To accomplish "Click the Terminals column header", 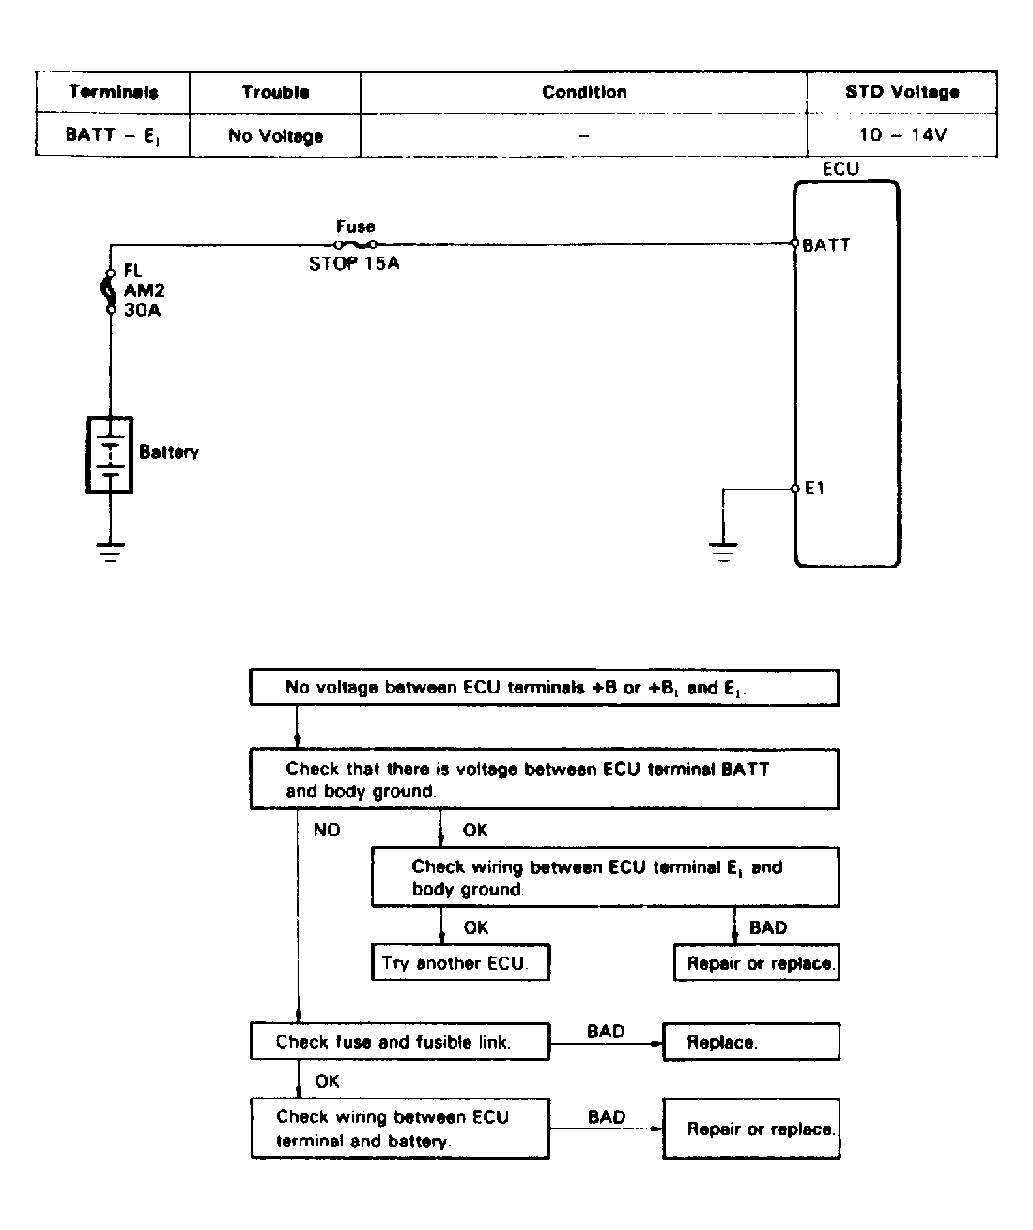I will tap(113, 92).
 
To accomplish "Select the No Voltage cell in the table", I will tap(275, 136).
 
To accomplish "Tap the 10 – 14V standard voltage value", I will tap(902, 134).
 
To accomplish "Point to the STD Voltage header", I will tap(902, 92).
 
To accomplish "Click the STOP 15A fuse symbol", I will tap(355, 244).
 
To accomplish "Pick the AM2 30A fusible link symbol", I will tap(111, 290).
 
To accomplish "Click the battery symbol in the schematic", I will tap(110, 455).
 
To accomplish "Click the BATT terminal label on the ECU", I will tap(826, 245).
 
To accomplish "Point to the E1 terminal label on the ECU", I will tap(814, 489).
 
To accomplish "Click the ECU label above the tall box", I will tap(840, 169).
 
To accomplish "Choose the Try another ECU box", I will tap(460, 963).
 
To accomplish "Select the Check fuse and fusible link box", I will tap(399, 1042).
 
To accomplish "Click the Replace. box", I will tap(751, 1042).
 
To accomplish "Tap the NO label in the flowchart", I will tap(327, 830).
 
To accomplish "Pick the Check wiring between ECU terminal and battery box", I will tap(399, 1129).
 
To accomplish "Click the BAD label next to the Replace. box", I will tap(606, 1032).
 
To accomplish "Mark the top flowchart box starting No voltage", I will tap(544, 688).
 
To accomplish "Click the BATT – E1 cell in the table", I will tap(113, 135).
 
